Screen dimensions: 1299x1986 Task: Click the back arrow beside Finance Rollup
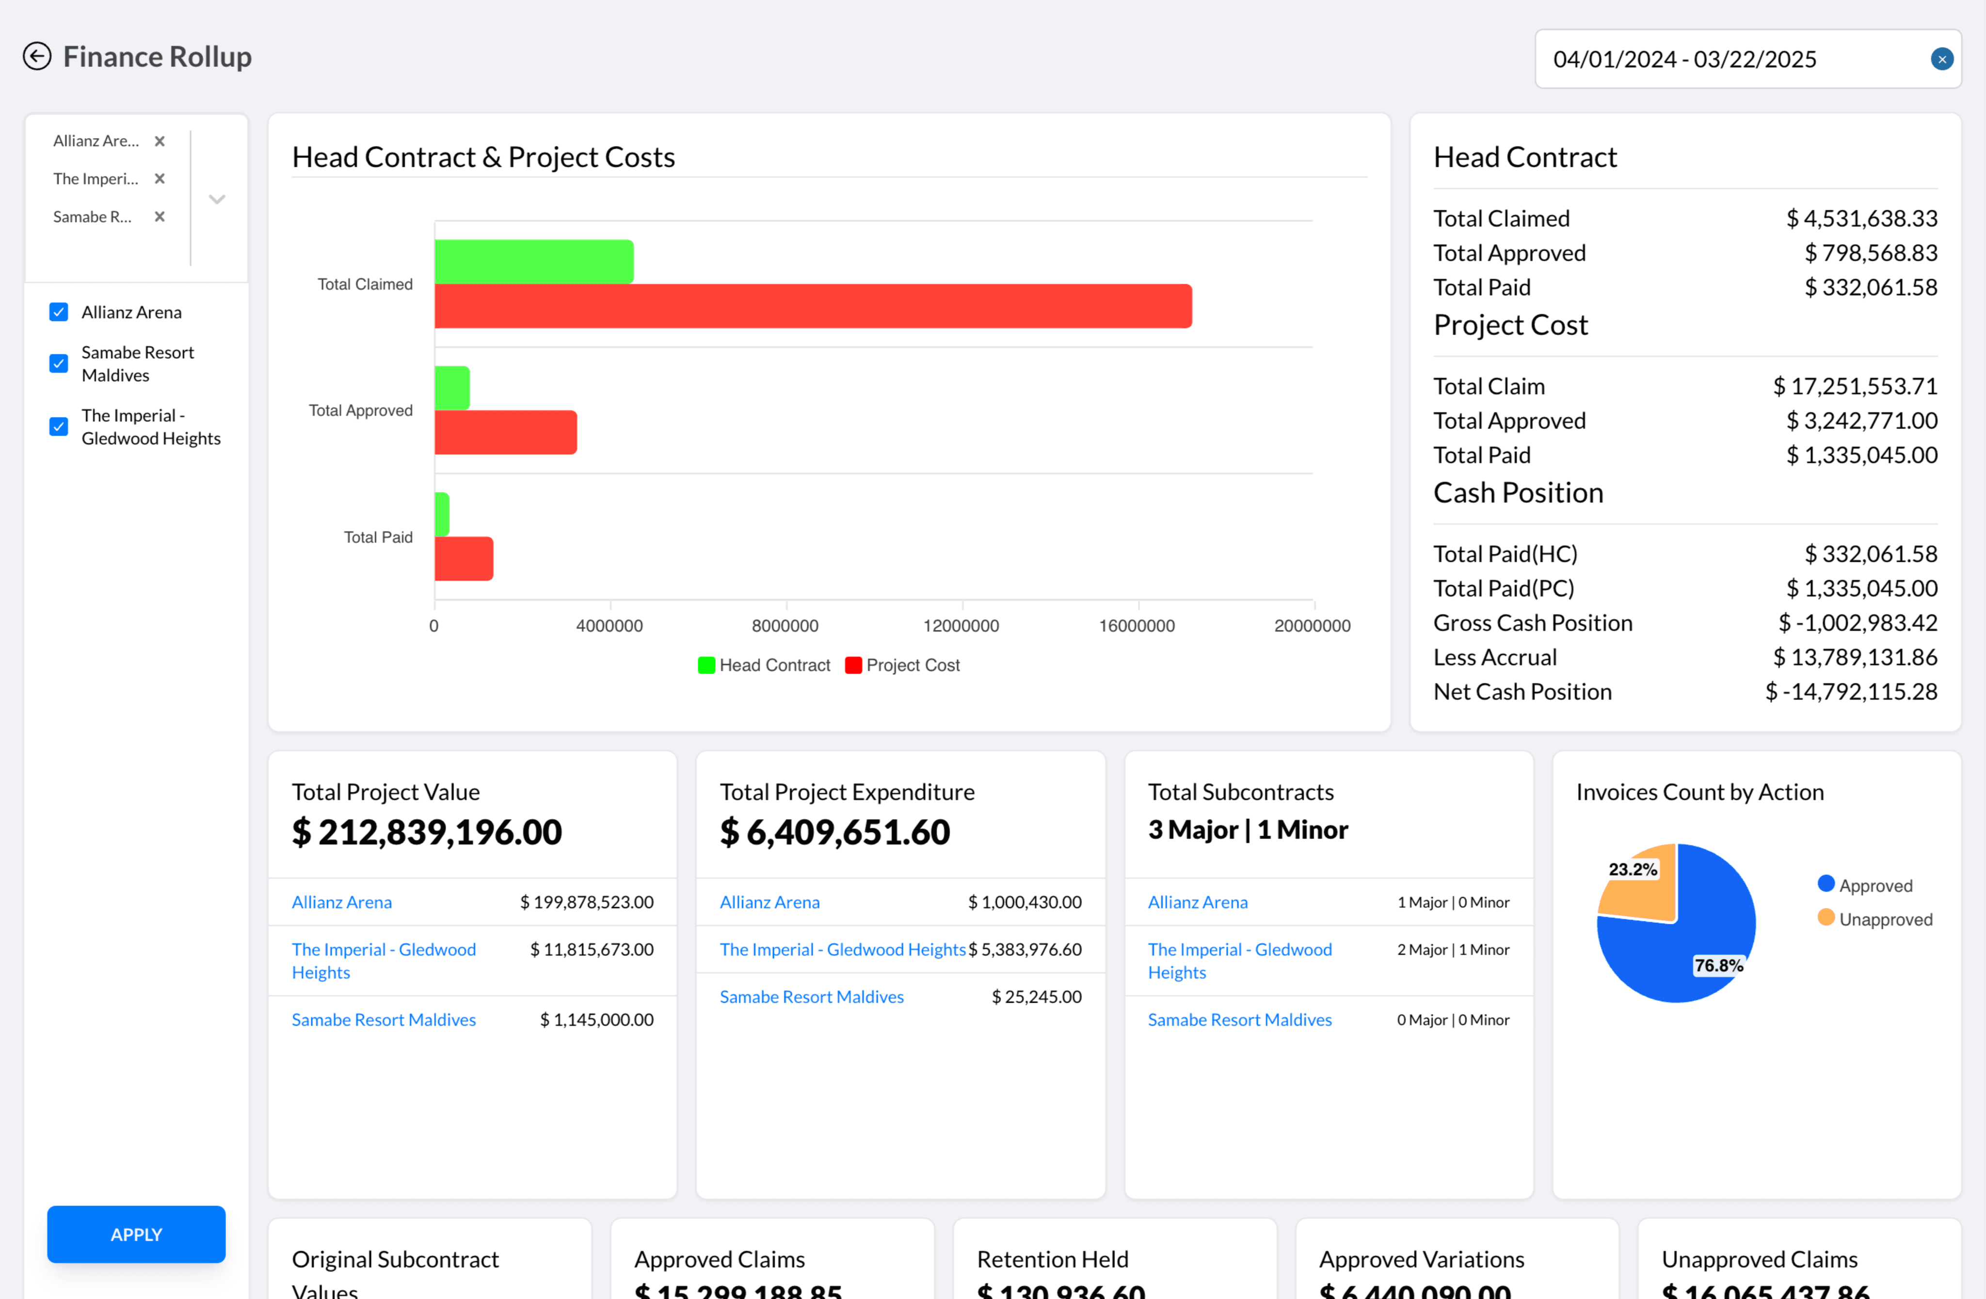point(37,57)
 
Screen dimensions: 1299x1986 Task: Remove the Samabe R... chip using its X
point(160,217)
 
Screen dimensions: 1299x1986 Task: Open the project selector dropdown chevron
point(217,199)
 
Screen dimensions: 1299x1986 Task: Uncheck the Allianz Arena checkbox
point(58,312)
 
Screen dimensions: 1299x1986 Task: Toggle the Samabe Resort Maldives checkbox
point(58,364)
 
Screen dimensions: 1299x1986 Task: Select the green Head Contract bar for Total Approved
point(452,388)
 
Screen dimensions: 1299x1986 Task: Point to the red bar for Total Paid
point(464,558)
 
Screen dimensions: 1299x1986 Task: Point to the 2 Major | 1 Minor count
point(1452,949)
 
